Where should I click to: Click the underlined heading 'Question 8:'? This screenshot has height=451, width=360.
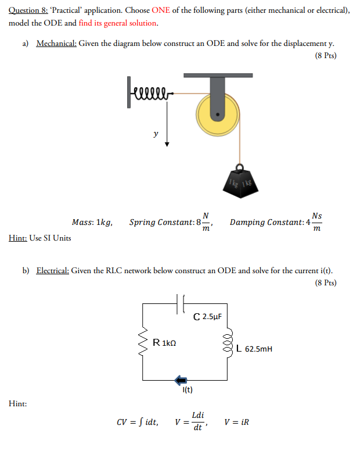[x=30, y=10]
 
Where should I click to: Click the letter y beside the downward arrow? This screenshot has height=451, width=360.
[x=155, y=134]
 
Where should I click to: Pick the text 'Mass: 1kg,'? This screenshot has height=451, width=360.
[x=92, y=223]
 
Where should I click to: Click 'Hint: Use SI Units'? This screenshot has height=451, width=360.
[x=41, y=238]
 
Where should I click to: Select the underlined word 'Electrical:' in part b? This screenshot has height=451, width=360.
[x=56, y=271]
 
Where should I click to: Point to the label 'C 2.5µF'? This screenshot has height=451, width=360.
[x=208, y=317]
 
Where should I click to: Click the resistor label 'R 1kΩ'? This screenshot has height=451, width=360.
[x=164, y=342]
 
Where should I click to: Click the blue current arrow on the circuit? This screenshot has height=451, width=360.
[x=182, y=380]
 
